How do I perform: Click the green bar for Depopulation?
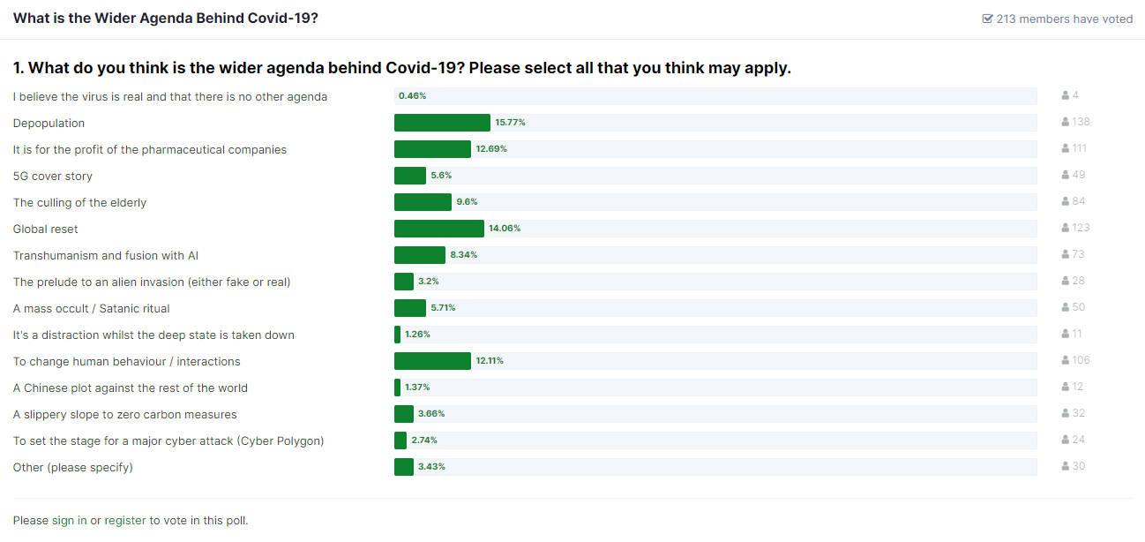point(442,123)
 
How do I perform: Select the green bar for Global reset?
point(439,229)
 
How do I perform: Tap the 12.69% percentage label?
point(491,149)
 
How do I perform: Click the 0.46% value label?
point(412,96)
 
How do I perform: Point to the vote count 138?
point(1081,122)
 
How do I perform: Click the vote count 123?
point(1081,228)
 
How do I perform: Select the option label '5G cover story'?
point(53,177)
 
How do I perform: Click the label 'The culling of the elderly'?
point(79,203)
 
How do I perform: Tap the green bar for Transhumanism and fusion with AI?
point(420,255)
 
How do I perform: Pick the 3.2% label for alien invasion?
point(430,282)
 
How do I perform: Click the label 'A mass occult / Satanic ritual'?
point(91,309)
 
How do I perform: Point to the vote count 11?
point(1077,334)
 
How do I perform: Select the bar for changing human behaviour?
point(432,361)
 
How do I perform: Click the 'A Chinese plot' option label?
point(130,388)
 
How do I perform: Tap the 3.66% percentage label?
point(431,414)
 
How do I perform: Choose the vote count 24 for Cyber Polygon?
point(1078,440)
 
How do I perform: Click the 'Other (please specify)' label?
point(72,468)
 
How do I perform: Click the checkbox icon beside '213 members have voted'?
point(987,19)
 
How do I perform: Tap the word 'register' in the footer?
point(125,521)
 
